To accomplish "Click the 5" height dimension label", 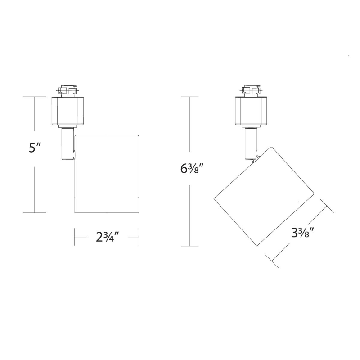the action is click(35, 148).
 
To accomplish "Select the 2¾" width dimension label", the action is click(107, 237).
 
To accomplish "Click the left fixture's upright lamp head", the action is click(107, 174).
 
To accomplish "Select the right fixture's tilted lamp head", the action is click(264, 196).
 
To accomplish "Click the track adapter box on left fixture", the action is click(67, 111).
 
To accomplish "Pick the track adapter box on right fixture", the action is click(251, 111).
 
